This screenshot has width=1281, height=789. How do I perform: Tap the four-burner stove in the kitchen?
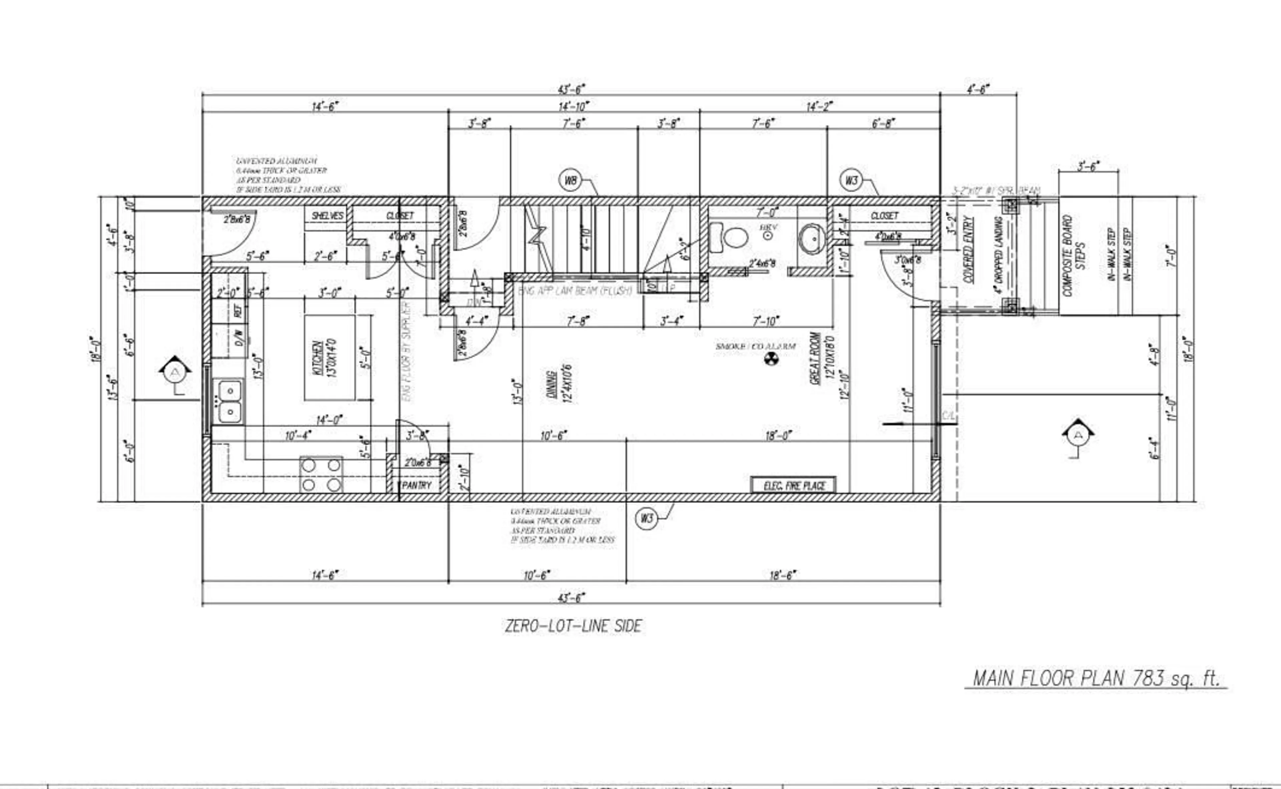(321, 474)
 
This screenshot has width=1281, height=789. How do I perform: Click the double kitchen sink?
(230, 401)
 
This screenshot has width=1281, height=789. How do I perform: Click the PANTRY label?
(417, 485)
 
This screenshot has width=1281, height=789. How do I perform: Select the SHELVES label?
(327, 215)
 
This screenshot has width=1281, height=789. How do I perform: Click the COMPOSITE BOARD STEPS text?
(1074, 256)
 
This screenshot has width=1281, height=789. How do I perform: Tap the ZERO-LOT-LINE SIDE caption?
(573, 626)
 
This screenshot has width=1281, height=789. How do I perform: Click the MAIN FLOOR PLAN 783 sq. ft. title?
(1096, 678)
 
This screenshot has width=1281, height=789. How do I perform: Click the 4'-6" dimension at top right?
(978, 89)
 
